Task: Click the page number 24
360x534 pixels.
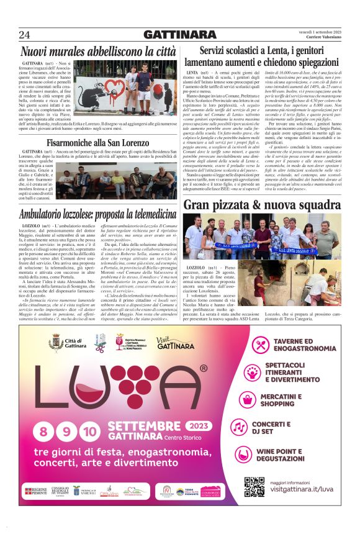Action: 25,34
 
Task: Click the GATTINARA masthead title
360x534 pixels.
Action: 179,34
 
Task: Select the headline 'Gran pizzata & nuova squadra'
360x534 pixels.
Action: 262,204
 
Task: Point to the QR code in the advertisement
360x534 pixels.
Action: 254,487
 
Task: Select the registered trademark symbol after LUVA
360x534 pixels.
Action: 203,369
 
